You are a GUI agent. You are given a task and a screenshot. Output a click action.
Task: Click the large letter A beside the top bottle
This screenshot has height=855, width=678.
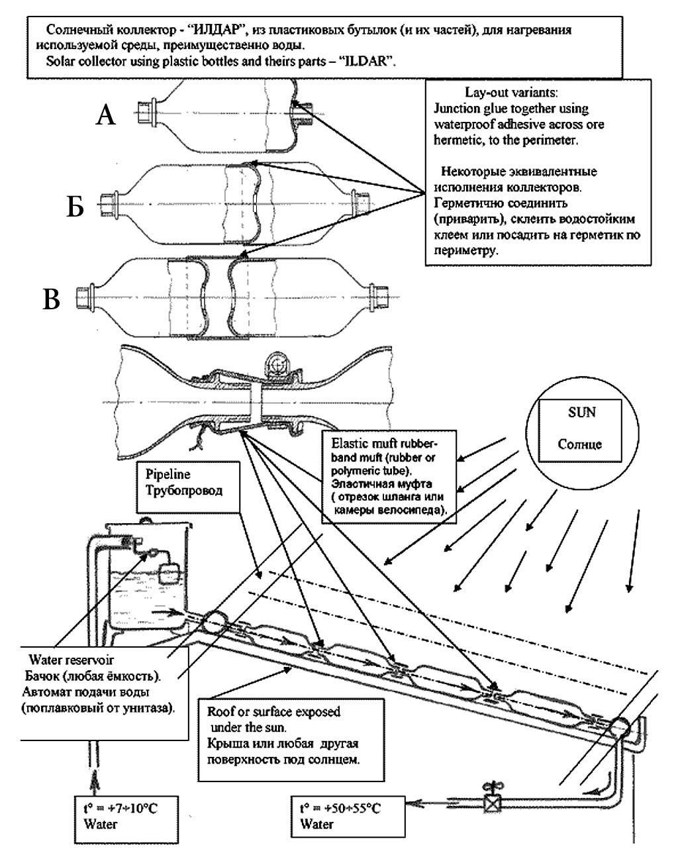(x=106, y=117)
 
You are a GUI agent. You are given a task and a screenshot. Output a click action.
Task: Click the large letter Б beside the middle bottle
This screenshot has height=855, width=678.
(x=74, y=208)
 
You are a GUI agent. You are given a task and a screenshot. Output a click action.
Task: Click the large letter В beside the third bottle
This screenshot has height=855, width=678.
(x=52, y=300)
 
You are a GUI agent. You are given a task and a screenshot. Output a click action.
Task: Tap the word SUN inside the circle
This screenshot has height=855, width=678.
(x=582, y=412)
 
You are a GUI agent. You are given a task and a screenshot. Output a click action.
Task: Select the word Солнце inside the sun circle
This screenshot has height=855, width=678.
(x=580, y=444)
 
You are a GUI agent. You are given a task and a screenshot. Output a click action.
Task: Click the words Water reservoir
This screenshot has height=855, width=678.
(x=71, y=660)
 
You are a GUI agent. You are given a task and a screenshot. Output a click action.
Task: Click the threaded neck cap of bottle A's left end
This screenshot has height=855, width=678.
(x=145, y=109)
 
